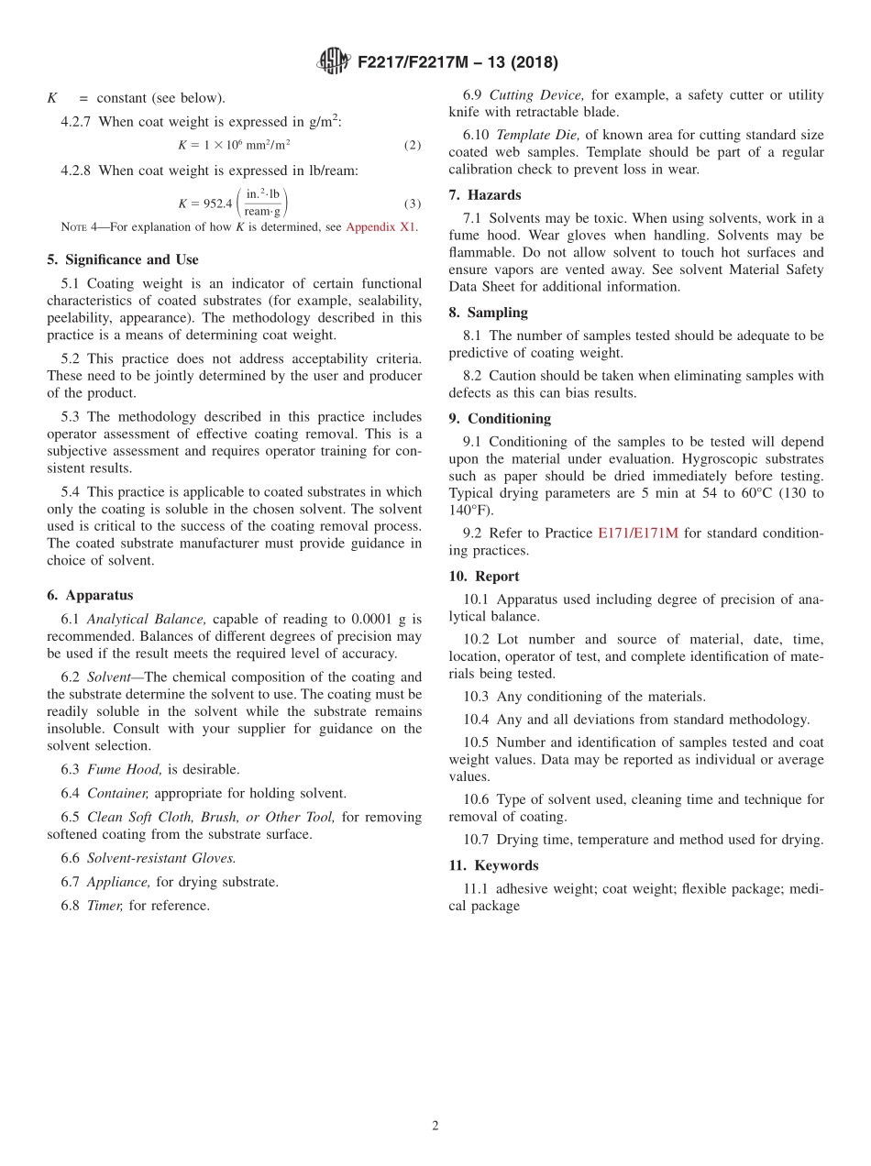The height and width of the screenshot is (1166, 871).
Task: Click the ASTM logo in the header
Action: pyautogui.click(x=333, y=62)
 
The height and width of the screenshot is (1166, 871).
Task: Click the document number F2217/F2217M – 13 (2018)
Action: pyautogui.click(x=457, y=63)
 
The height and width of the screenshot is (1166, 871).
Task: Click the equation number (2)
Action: pyautogui.click(x=413, y=146)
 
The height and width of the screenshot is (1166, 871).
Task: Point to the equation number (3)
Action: pyautogui.click(x=413, y=203)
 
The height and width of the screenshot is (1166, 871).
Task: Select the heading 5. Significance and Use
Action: pyautogui.click(x=123, y=260)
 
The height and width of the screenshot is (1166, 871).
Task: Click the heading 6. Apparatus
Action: pyautogui.click(x=90, y=596)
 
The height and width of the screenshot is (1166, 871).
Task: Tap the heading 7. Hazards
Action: pyautogui.click(x=485, y=195)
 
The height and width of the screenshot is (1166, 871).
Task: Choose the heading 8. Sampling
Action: pyautogui.click(x=488, y=313)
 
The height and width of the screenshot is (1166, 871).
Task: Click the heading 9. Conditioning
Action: pyautogui.click(x=500, y=419)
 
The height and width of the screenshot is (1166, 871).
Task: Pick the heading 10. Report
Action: pyautogui.click(x=484, y=577)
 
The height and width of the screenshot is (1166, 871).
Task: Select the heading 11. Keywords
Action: pyautogui.click(x=493, y=865)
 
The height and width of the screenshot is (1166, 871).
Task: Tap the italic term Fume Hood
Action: pyautogui.click(x=117, y=770)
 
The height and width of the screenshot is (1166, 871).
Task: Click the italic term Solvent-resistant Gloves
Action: pyautogui.click(x=161, y=859)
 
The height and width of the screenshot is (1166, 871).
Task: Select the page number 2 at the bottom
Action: pyautogui.click(x=435, y=1127)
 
